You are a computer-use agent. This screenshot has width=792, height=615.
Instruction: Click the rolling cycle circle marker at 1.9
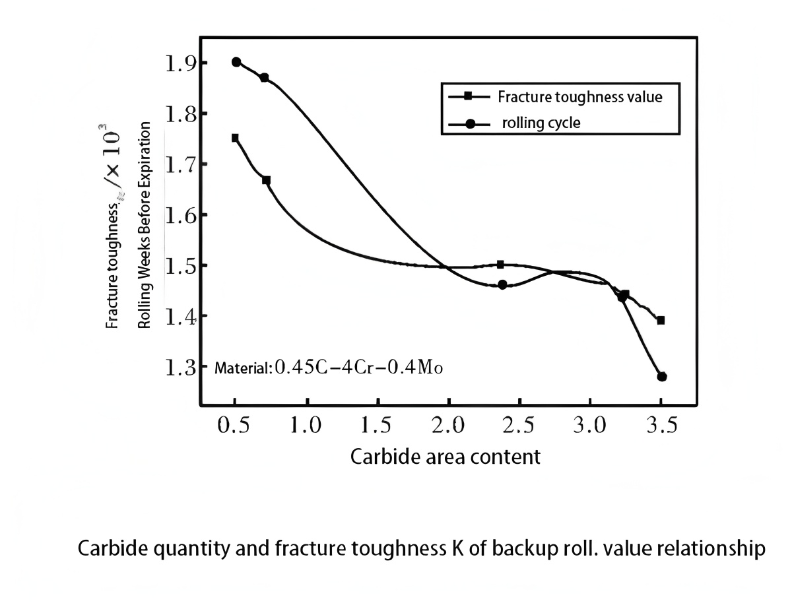point(236,62)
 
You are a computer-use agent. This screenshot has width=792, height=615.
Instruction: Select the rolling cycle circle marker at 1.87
point(264,78)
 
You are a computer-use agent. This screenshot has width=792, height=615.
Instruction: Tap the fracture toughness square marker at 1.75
point(235,138)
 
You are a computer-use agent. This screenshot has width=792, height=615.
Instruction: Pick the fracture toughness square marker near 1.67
point(266,180)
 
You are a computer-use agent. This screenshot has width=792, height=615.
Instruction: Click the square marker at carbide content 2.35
point(500,264)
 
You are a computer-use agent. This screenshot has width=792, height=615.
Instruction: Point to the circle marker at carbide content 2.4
point(502,284)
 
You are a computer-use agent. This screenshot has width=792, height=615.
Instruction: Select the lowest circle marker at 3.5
point(662,376)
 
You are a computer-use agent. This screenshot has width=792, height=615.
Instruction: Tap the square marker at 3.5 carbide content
point(661,320)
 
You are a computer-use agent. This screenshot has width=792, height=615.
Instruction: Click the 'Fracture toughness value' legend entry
point(579,97)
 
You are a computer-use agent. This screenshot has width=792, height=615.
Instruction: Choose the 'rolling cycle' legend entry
point(541,123)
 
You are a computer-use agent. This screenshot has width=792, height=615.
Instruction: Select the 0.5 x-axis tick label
point(234,426)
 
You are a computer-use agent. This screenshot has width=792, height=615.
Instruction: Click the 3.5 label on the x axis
point(661,426)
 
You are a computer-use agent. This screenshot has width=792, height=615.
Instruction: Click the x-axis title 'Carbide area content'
point(445,456)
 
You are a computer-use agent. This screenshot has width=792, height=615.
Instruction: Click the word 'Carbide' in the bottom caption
point(109,549)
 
